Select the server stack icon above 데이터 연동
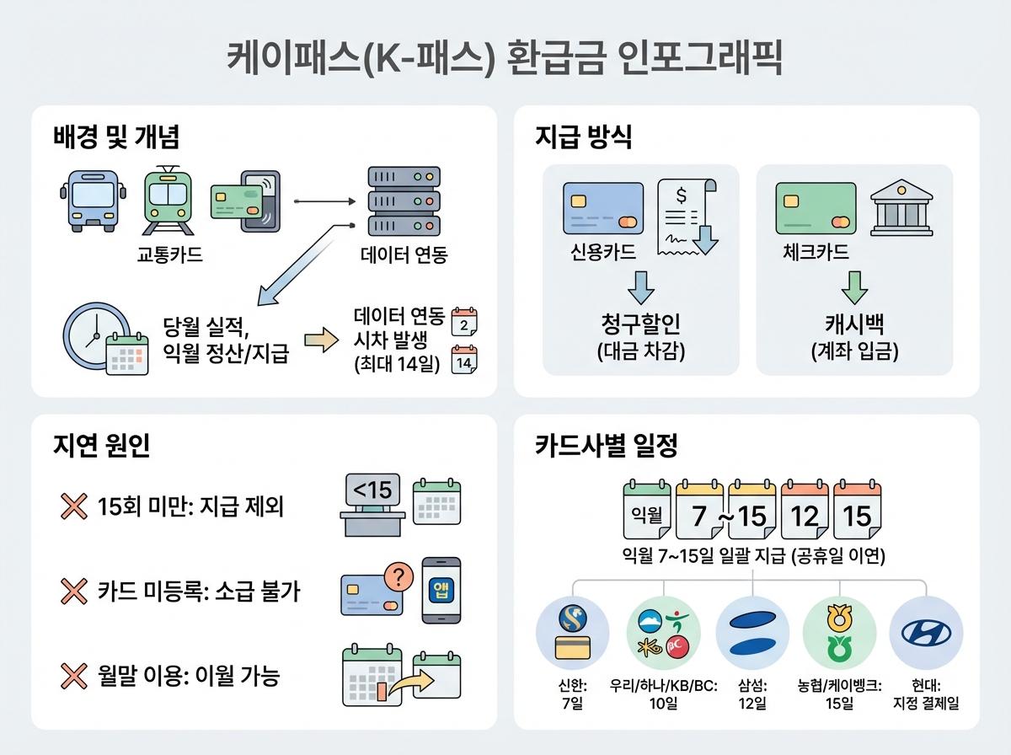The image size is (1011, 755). coord(404,202)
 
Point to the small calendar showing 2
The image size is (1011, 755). coord(464,322)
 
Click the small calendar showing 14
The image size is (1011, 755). coord(464,360)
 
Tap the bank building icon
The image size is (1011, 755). coord(900,208)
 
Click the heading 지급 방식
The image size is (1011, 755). coord(583,137)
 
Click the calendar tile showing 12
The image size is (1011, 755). coord(805,512)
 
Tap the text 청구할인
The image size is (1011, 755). coord(640,325)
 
